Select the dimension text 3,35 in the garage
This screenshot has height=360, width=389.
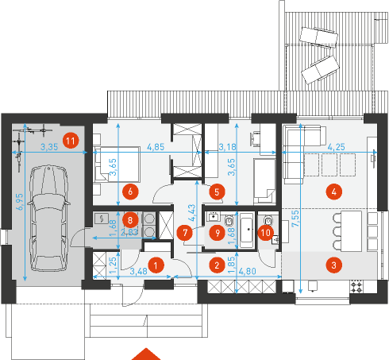(49, 147)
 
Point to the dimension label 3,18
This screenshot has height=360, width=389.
(228, 147)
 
